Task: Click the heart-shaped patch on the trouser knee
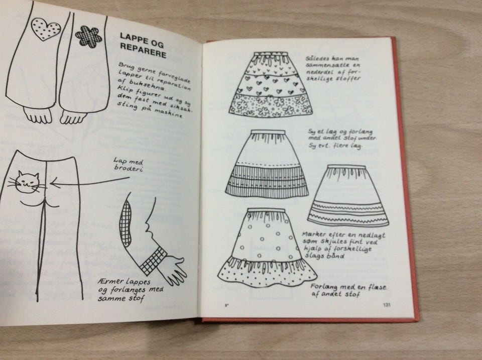click(45, 29)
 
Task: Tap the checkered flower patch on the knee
click(88, 37)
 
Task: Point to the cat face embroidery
click(27, 183)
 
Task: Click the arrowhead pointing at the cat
click(54, 183)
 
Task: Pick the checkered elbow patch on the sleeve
click(126, 223)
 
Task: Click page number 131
click(387, 305)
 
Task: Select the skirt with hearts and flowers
click(271, 84)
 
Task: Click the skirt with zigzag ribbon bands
click(348, 195)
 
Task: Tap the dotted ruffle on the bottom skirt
click(267, 273)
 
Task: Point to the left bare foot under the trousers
click(38, 115)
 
